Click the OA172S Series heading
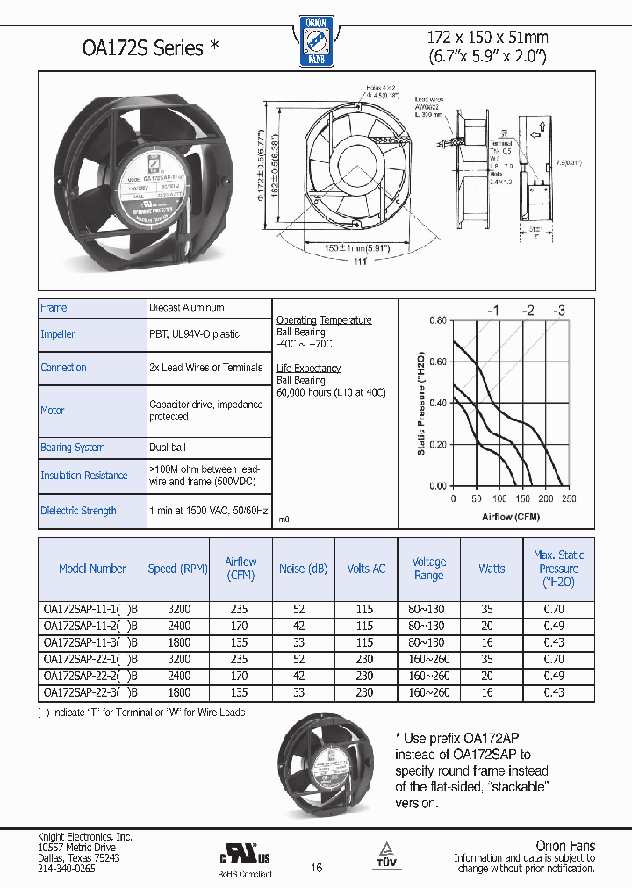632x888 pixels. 138,48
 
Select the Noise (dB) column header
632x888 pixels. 303,569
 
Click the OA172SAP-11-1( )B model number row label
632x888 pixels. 90,609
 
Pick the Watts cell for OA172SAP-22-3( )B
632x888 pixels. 491,693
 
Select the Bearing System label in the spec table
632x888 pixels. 73,448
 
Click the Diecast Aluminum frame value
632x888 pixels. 187,308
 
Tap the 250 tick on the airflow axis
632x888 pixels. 569,499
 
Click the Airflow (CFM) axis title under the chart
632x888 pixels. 511,517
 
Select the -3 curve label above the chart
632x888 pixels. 558,311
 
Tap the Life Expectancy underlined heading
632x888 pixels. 308,369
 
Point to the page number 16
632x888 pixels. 317,867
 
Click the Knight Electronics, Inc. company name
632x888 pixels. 85,837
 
